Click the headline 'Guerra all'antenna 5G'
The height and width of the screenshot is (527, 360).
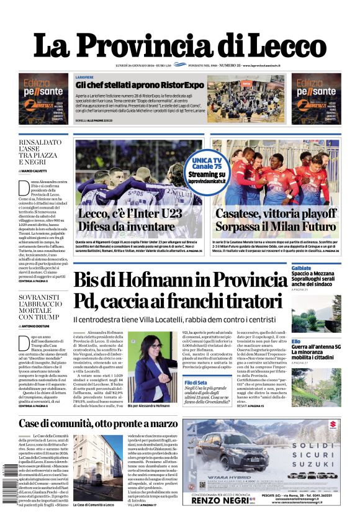pyautogui.click(x=316, y=346)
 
